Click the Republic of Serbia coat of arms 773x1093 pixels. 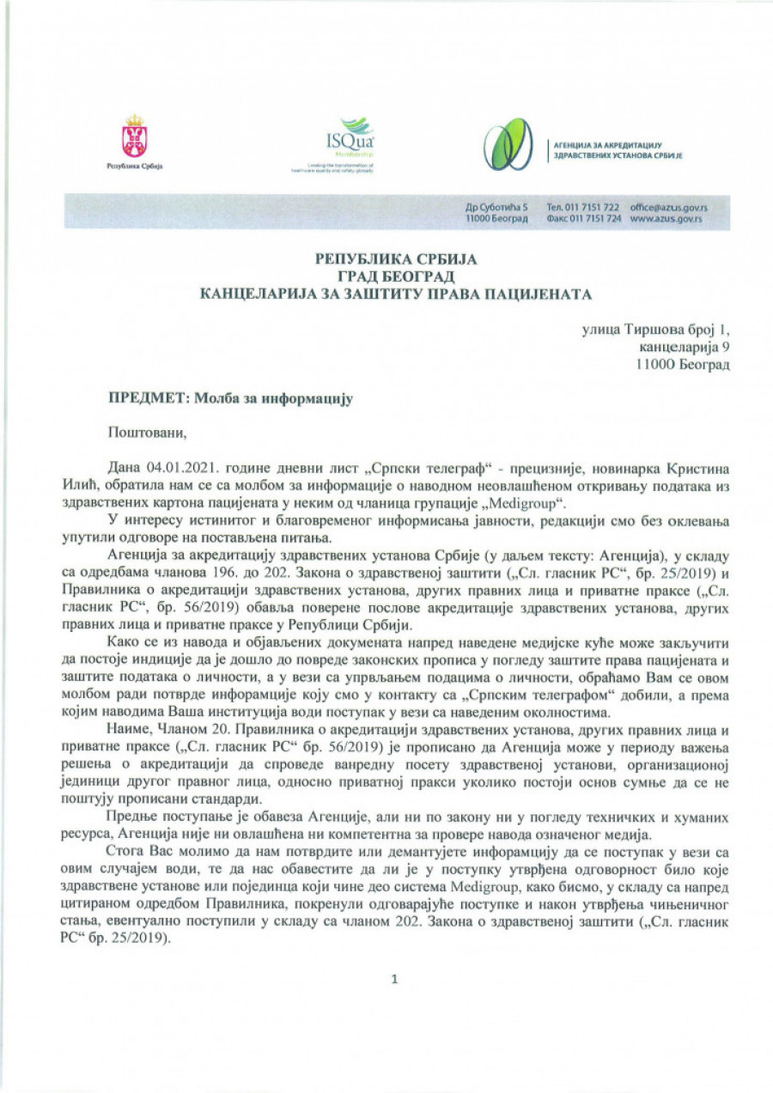(134, 137)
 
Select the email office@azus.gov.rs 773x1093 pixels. (667, 208)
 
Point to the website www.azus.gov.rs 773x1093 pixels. (666, 220)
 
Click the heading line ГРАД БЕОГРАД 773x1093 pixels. (394, 276)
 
